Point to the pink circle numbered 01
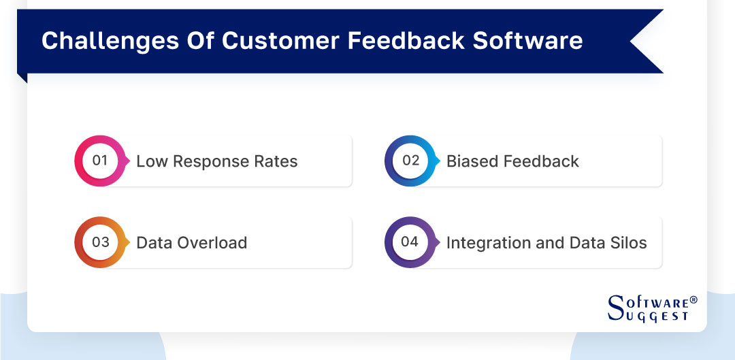point(100,161)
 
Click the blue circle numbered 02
point(410,161)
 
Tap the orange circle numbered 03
point(100,242)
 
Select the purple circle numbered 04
point(410,242)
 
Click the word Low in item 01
point(150,161)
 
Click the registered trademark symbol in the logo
point(693,300)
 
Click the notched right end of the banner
point(647,41)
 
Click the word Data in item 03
point(154,243)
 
